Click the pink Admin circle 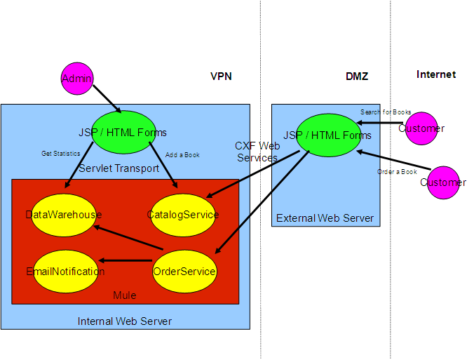[76, 78]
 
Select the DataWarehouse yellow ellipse [63, 214]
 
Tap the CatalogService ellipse [183, 214]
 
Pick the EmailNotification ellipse [65, 271]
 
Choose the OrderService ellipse [184, 271]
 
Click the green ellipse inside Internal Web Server [122, 132]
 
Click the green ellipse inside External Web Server [327, 135]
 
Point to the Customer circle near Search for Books [421, 128]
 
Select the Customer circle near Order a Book [442, 182]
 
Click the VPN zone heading [221, 76]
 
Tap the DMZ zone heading [357, 76]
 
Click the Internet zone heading [435, 74]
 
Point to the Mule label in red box [124, 295]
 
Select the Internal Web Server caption [124, 321]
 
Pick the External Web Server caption [325, 218]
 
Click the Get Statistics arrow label [60, 153]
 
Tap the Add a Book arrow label [182, 154]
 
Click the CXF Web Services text [257, 152]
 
